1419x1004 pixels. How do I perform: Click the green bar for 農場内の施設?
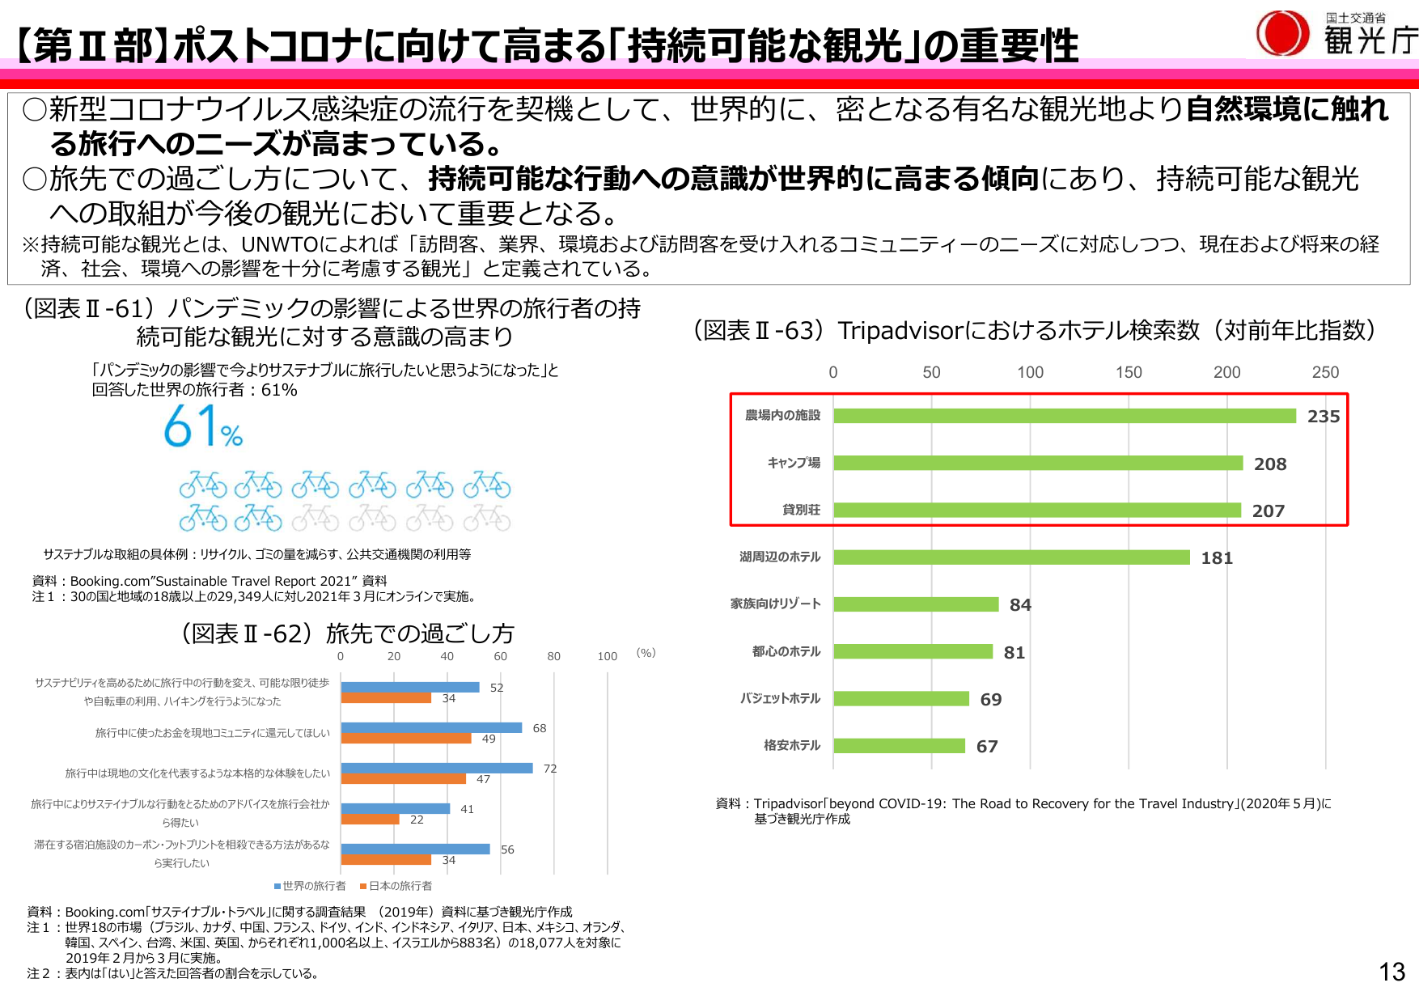[x=1065, y=416]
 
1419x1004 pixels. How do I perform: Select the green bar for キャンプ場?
[x=1038, y=463]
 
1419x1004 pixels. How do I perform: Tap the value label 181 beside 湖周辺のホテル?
[x=1217, y=558]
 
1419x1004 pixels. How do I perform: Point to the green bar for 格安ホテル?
[x=899, y=746]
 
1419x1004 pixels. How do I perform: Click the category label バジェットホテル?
[x=780, y=699]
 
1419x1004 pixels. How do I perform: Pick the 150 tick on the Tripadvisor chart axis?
[x=1129, y=373]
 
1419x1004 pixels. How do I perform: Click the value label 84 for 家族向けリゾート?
[x=1020, y=605]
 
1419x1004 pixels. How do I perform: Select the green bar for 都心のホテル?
[x=913, y=652]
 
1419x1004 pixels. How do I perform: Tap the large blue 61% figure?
[x=203, y=427]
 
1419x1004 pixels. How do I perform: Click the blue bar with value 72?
[x=437, y=768]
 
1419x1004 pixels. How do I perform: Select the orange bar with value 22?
[x=371, y=820]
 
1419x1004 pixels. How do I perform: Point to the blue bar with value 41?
[x=396, y=808]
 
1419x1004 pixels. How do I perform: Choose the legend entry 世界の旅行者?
[x=311, y=886]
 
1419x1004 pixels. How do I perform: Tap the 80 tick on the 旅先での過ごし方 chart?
[x=553, y=657]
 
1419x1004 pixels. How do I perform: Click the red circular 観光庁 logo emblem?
[x=1282, y=34]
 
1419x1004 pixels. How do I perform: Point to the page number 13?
[x=1391, y=972]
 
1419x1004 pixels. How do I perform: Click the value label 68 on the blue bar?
[x=540, y=728]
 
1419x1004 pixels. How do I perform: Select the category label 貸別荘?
[x=801, y=510]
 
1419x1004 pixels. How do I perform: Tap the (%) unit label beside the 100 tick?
[x=646, y=654]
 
